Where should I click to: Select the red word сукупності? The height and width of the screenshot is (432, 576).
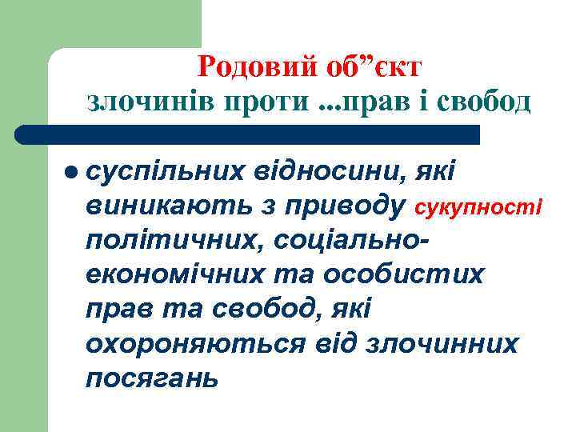pyautogui.click(x=477, y=207)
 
